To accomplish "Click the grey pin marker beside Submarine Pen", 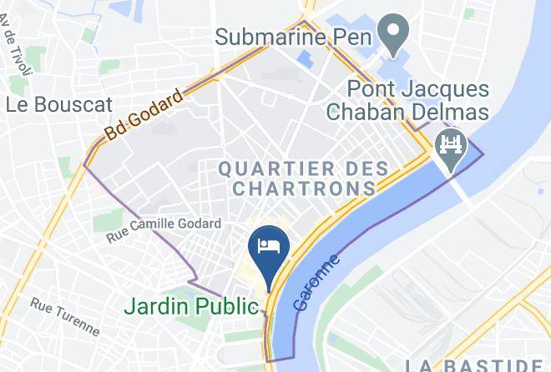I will pos(390,33).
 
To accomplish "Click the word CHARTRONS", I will pos(304,189).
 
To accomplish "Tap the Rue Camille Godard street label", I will pos(164,230).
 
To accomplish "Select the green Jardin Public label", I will pos(191,305).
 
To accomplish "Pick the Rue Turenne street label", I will pos(64,317).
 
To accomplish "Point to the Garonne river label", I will pos(317,284).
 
